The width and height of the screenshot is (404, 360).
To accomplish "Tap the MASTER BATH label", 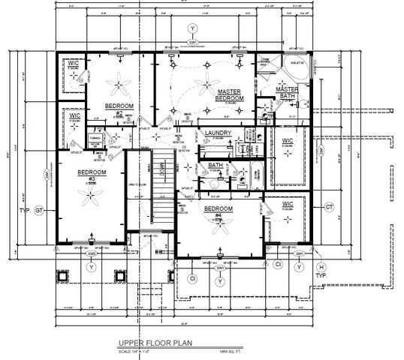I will (287, 91).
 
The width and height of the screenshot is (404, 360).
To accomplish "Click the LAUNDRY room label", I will (218, 133).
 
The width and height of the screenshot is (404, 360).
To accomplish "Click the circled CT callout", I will (328, 206).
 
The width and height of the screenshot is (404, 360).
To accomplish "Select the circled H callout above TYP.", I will (321, 267).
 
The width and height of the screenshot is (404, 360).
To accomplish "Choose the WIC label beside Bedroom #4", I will (287, 204).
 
